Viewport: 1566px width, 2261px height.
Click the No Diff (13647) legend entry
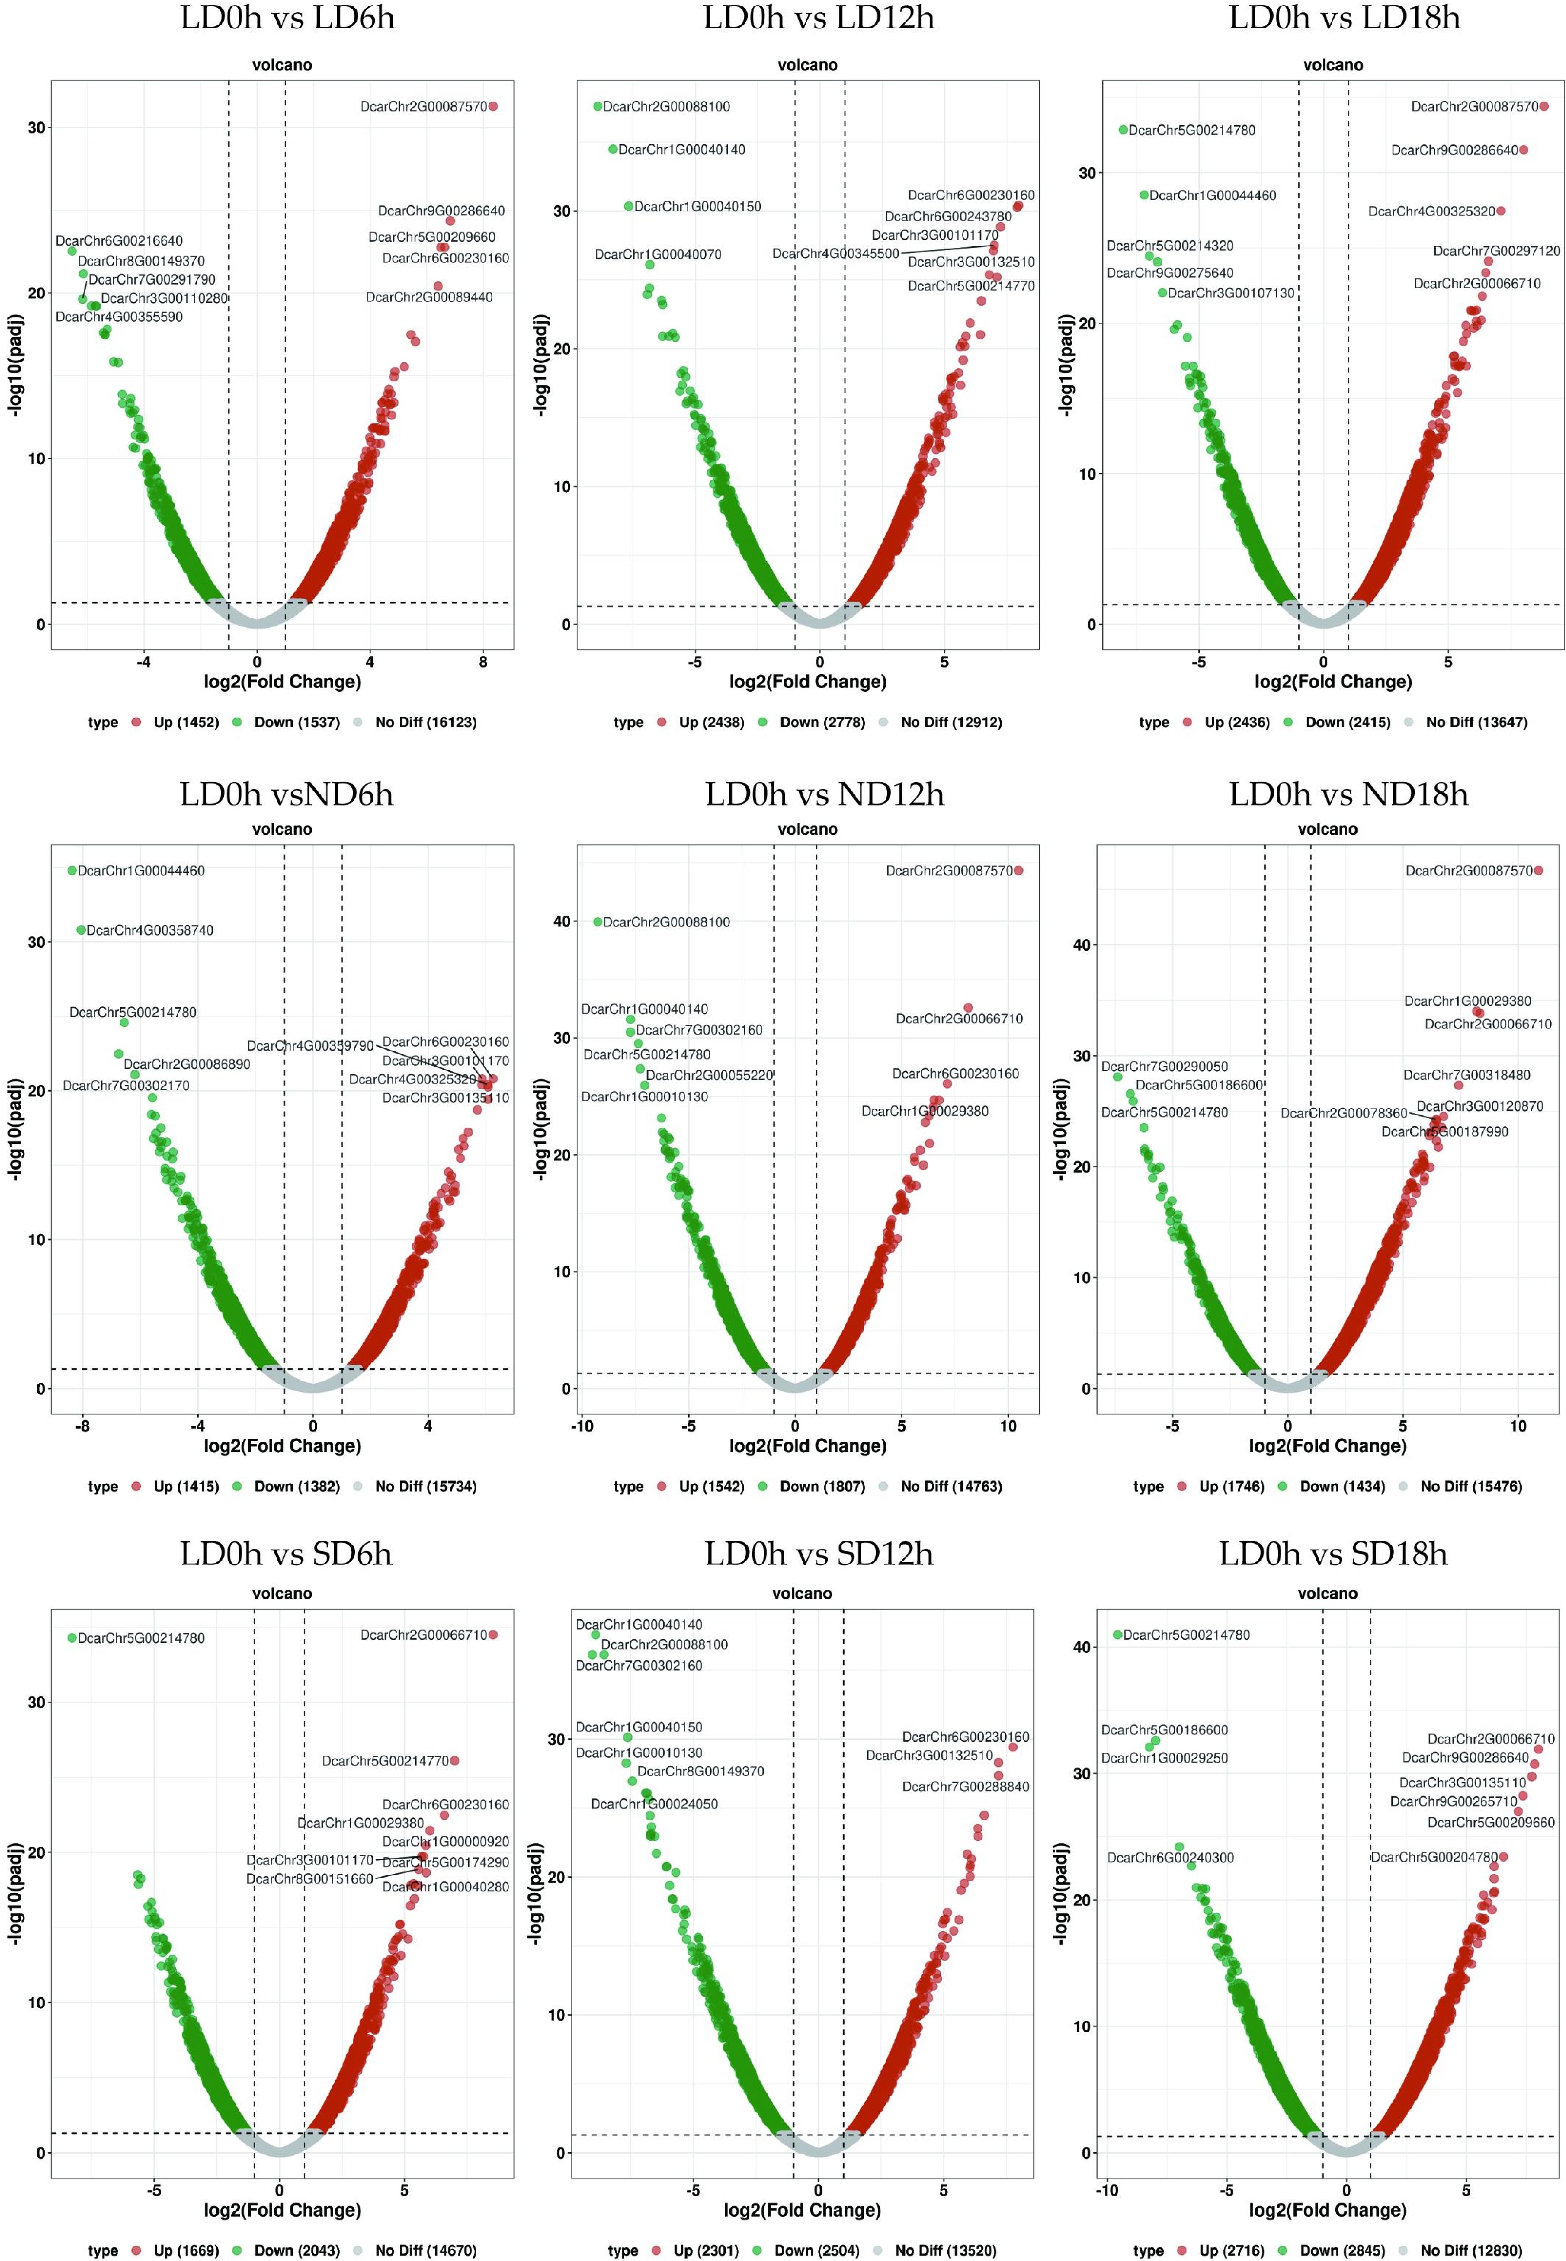click(x=1476, y=722)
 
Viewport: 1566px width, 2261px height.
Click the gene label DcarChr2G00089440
click(x=429, y=297)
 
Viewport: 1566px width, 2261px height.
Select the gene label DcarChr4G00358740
click(x=149, y=930)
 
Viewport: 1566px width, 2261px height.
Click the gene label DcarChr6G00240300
click(x=1170, y=1858)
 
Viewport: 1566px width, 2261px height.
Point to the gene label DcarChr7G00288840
click(x=966, y=1787)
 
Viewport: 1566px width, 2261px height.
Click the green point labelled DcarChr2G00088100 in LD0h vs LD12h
click(x=597, y=106)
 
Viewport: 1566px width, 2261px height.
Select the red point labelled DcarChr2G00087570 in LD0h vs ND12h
click(x=1018, y=871)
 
